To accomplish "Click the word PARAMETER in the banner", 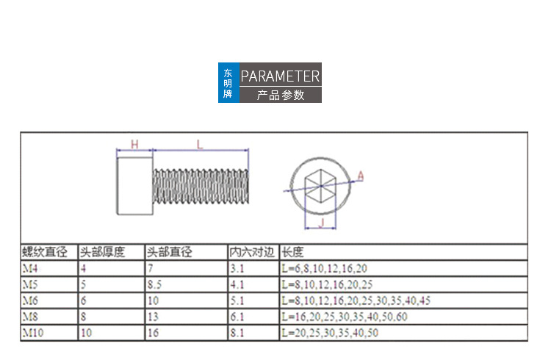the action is (x=280, y=76).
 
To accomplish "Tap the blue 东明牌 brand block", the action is (x=228, y=82).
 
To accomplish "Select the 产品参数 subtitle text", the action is (x=281, y=95).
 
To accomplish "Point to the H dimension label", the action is (x=134, y=144).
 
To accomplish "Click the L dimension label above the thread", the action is (x=200, y=145).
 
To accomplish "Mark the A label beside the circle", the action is (x=361, y=176).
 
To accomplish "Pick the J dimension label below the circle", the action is (x=321, y=223).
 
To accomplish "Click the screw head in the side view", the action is (x=135, y=186).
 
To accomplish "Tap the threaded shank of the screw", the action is (x=201, y=187).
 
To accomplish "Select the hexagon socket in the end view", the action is (x=320, y=186).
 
